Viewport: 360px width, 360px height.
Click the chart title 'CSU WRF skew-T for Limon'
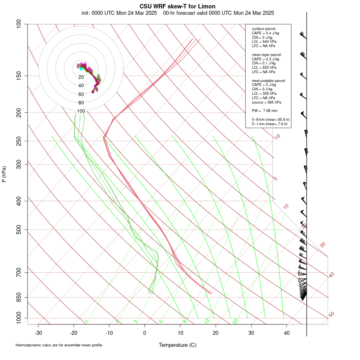(x=178, y=6)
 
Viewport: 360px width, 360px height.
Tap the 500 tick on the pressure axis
(x=19, y=230)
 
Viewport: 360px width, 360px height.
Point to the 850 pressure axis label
(x=19, y=297)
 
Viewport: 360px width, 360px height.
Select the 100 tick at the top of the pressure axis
(x=19, y=24)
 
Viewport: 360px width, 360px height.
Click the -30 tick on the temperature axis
(x=38, y=332)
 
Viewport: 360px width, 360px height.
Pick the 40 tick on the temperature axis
(x=287, y=332)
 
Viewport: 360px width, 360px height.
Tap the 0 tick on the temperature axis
(x=145, y=332)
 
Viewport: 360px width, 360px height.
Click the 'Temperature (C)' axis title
(x=178, y=345)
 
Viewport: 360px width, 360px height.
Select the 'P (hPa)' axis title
(x=4, y=174)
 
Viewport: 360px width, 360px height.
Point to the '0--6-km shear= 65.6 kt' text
(x=270, y=119)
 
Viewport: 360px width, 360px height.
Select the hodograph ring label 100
(x=81, y=111)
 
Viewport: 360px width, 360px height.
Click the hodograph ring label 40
(x=81, y=86)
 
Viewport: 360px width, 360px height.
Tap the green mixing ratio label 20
(x=236, y=321)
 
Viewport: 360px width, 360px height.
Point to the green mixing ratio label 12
(x=207, y=321)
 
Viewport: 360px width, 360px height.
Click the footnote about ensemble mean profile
(x=59, y=345)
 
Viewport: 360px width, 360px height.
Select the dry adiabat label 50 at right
(x=331, y=315)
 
